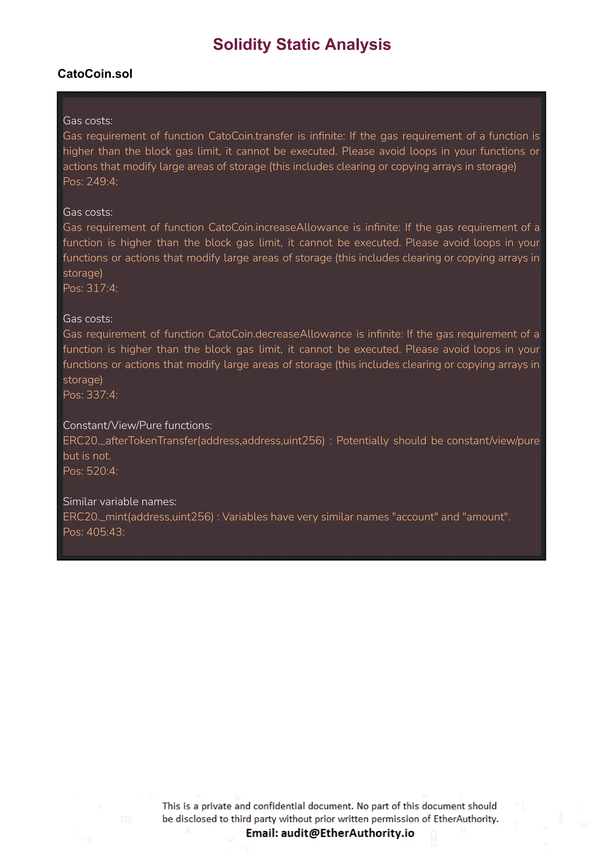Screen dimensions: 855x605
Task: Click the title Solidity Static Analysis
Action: tap(302, 44)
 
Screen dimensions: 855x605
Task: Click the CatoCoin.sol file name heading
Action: tap(95, 74)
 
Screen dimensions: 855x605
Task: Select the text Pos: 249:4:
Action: tap(90, 181)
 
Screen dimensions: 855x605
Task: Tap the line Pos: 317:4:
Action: tap(90, 288)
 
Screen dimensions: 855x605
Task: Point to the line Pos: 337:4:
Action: tap(90, 395)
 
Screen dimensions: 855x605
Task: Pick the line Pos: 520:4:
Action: tap(90, 471)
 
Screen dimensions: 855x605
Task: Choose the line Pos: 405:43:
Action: tap(94, 532)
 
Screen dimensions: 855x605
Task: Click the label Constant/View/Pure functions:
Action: tap(137, 425)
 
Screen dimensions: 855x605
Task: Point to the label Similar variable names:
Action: tap(120, 502)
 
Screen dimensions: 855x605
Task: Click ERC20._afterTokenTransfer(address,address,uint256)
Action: tap(194, 441)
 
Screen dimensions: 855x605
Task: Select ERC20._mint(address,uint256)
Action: tap(138, 517)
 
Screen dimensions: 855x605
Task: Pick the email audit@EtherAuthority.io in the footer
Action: tap(347, 833)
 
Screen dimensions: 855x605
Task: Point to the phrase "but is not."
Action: tap(87, 456)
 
